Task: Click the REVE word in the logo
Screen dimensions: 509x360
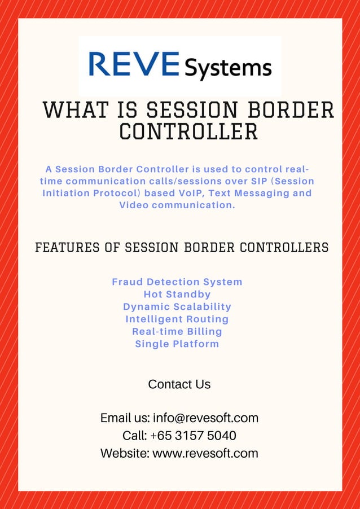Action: pos(134,64)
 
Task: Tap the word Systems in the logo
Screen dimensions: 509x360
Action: pos(228,68)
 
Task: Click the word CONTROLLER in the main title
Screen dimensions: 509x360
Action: pos(188,132)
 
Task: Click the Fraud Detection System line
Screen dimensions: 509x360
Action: pos(177,282)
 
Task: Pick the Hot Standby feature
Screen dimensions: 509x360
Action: pos(177,294)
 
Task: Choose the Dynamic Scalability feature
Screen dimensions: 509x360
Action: pos(177,306)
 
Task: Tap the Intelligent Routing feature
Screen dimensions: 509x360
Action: pos(177,319)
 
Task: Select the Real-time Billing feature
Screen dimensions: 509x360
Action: pos(177,331)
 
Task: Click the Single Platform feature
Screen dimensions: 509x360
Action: pos(177,344)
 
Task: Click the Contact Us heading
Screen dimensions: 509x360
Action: pos(179,384)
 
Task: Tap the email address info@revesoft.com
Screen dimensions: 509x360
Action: pos(205,418)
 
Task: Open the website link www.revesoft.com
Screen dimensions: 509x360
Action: pos(205,453)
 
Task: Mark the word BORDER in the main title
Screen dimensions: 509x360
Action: pos(295,110)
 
